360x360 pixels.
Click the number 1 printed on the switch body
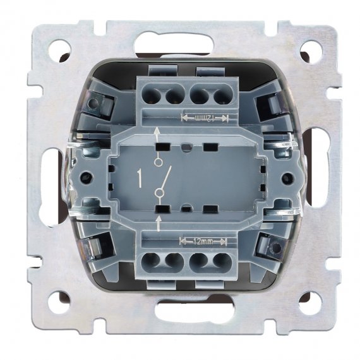[x=139, y=179]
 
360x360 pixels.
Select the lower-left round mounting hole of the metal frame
[x=59, y=302]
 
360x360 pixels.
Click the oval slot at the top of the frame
[x=174, y=43]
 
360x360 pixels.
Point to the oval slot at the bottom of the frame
[x=195, y=311]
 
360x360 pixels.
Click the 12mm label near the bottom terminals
[x=204, y=241]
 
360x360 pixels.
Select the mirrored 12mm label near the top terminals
[x=205, y=118]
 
